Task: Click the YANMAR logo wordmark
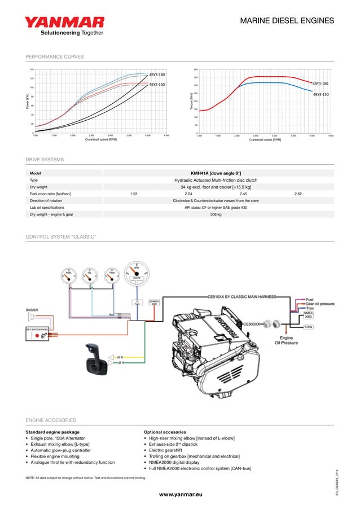64,23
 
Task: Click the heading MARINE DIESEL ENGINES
287,21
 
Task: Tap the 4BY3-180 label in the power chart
157,74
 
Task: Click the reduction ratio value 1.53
134,194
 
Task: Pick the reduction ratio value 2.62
298,194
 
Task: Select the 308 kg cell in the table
216,214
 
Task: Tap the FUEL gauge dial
69,274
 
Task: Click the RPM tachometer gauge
136,272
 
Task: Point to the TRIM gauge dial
112,274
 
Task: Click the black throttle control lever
92,358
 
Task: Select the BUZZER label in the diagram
32,309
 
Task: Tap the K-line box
309,327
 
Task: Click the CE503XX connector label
252,324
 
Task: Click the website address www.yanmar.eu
180,494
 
